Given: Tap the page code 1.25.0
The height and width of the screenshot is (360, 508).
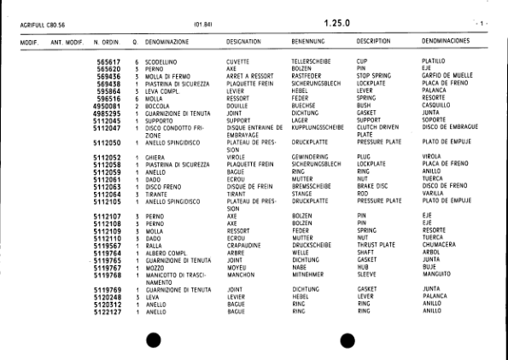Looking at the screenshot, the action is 337,23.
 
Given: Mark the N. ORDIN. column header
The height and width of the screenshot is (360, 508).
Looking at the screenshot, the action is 108,41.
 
